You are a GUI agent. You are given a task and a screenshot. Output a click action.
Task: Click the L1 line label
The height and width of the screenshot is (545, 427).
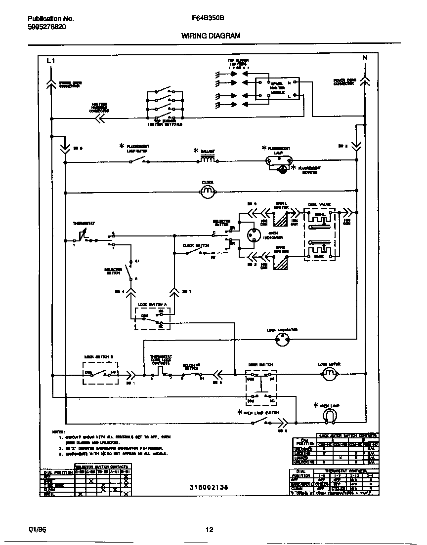click(x=50, y=60)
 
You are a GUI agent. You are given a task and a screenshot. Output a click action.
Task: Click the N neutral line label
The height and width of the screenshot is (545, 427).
click(x=365, y=58)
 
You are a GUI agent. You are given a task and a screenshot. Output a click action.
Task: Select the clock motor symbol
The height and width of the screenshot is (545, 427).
click(x=208, y=190)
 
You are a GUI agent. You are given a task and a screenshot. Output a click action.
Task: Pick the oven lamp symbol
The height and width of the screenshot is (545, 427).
click(x=330, y=417)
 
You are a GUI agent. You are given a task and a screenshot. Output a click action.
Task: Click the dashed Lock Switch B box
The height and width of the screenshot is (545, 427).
click(x=101, y=372)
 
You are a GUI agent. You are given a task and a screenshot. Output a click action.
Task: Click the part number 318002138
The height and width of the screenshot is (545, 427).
click(x=209, y=487)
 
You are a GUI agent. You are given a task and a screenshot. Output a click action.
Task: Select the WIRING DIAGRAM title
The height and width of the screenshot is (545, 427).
click(x=211, y=36)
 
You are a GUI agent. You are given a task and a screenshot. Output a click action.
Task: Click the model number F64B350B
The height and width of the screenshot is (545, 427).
click(x=208, y=19)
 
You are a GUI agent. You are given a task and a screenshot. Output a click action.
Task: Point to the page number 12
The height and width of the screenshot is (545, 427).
click(x=209, y=530)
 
